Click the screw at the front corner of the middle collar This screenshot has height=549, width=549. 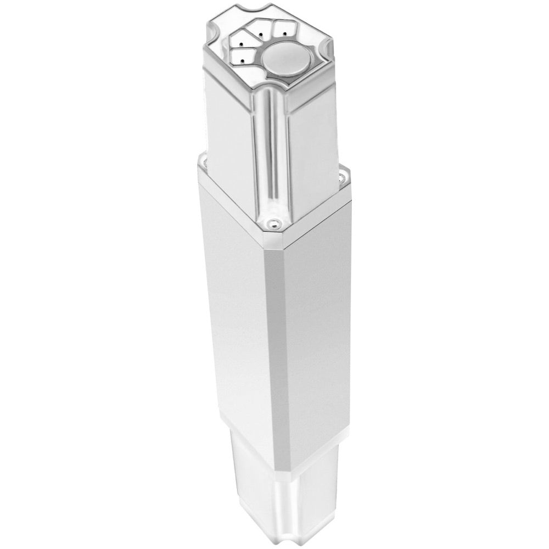[x=272, y=222]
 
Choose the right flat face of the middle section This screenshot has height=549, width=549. [x=313, y=329]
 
